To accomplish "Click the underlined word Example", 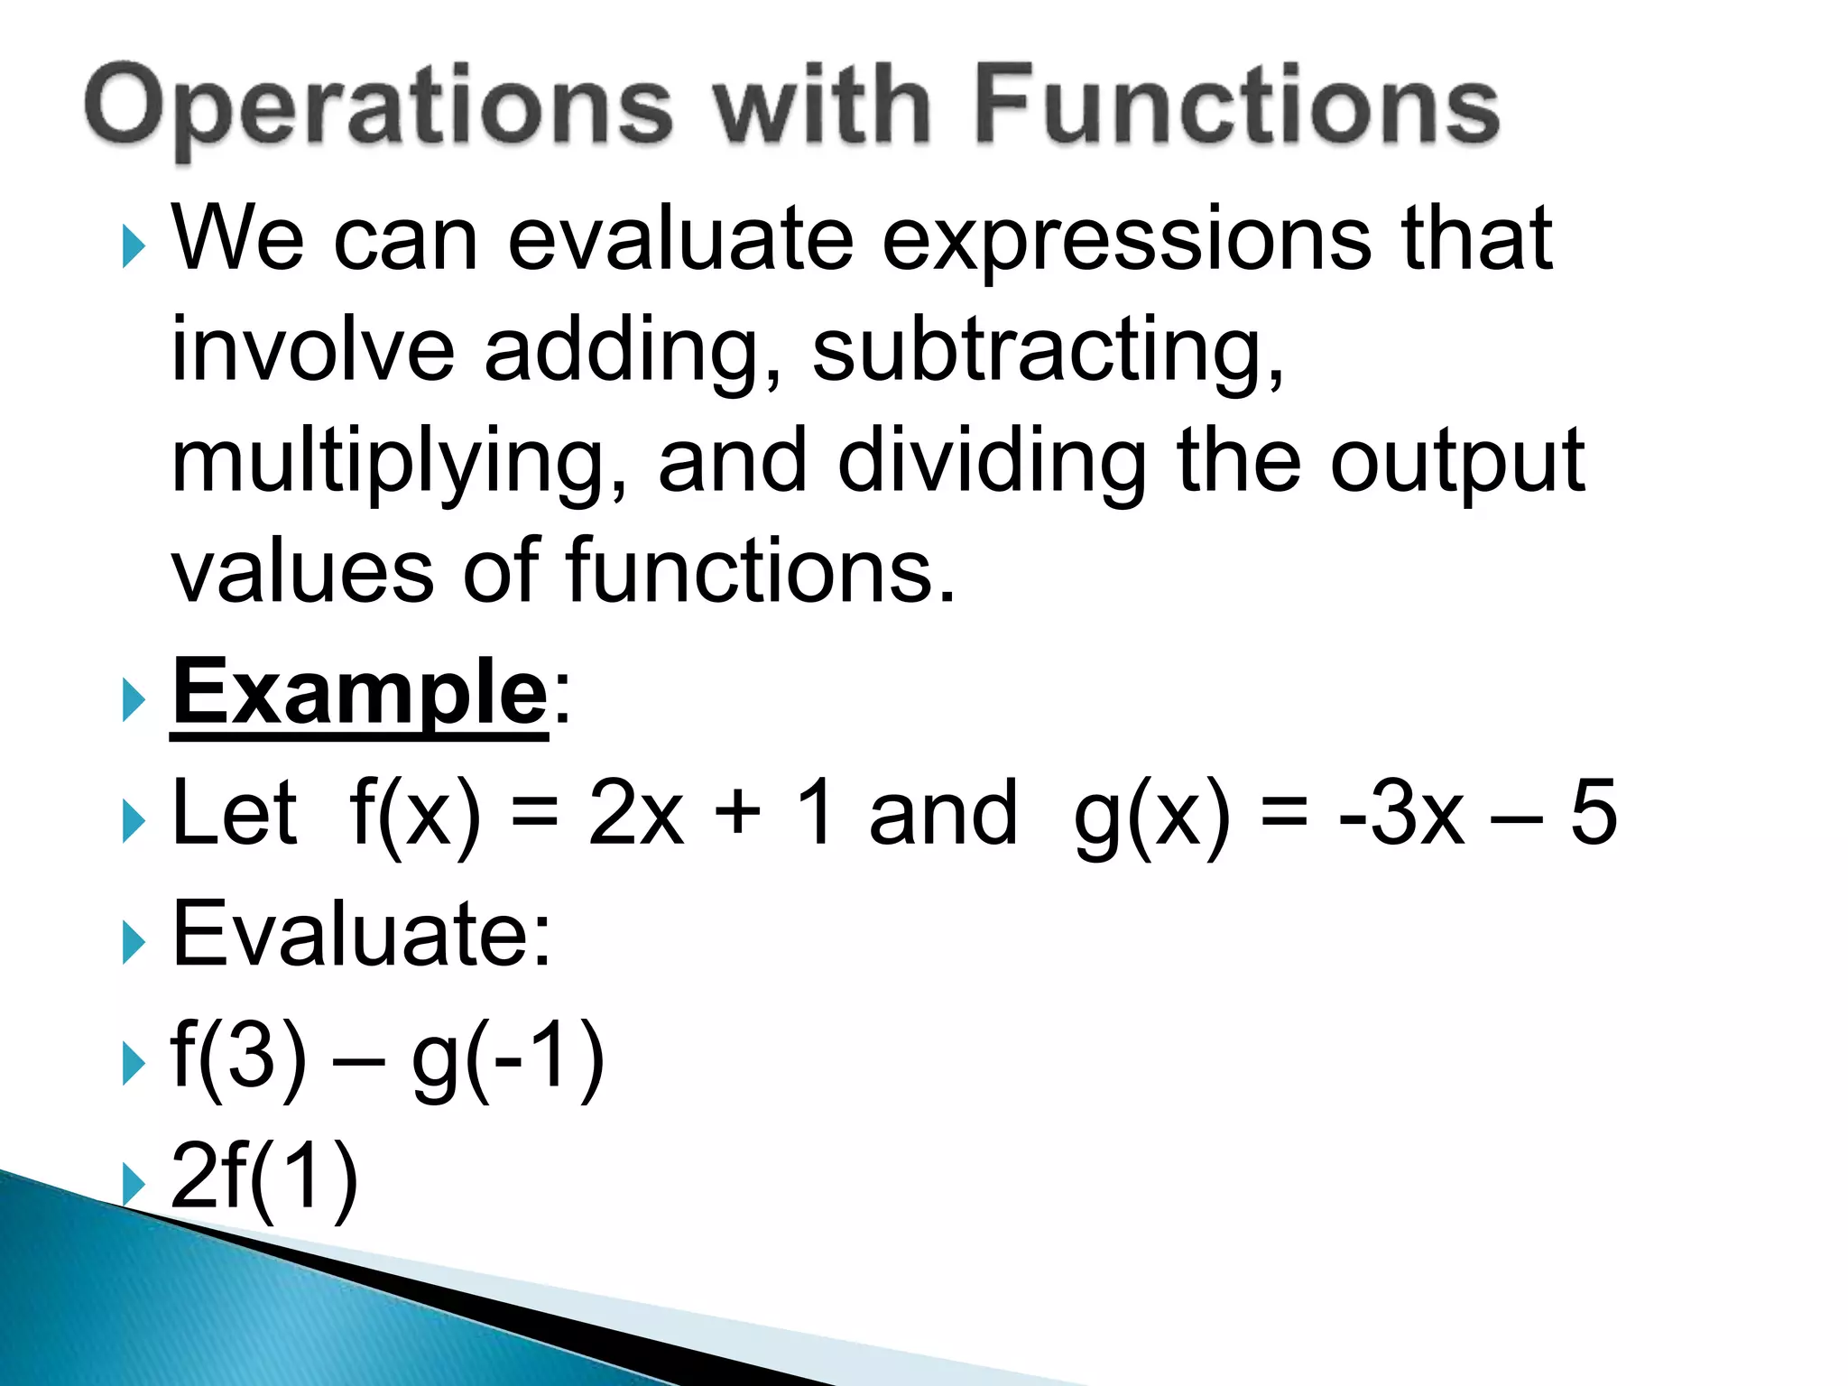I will pos(359,693).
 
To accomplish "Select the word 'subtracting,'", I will pos(1047,350).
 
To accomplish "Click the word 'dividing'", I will pos(993,462).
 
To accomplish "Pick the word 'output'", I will pos(1456,462).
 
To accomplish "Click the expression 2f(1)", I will pos(264,1177).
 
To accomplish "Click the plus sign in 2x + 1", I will pos(738,812).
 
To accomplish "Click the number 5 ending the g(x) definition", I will pos(1593,812).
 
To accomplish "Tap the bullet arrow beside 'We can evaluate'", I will pos(133,246).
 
